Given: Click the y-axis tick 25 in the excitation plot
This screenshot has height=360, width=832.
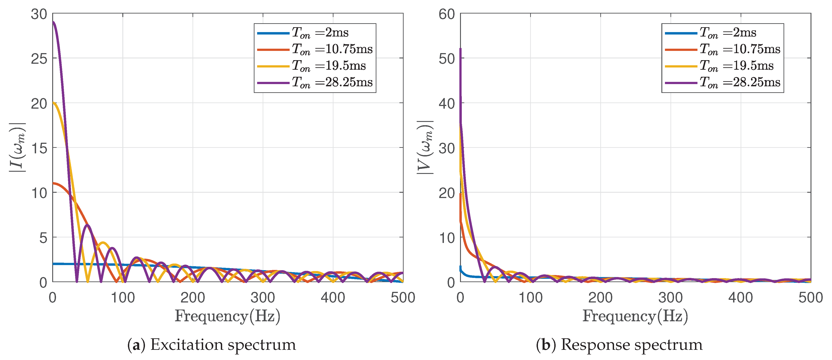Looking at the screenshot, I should pos(39,59).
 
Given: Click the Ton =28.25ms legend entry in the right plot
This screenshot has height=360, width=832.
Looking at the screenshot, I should pos(740,82).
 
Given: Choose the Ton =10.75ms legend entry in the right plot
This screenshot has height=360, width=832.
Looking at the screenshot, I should pos(740,49).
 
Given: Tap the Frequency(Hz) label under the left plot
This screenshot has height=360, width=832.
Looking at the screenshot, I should pos(227,316).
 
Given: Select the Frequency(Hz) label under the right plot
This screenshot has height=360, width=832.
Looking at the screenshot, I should pos(635,316).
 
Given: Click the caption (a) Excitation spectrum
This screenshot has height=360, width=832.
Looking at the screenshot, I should pos(212,345).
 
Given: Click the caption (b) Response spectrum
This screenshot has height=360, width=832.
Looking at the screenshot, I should pos(619,345).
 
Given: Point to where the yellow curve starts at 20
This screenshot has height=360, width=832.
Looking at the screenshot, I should pos(54,103).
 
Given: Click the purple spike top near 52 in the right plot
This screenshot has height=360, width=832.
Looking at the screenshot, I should pos(460,49).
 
